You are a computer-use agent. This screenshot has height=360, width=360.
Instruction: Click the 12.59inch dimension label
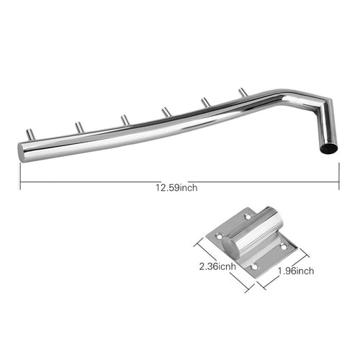coord(177,189)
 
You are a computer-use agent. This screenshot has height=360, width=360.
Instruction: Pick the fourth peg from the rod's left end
coord(165,110)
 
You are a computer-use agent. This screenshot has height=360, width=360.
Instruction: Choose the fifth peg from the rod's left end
coord(206,102)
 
